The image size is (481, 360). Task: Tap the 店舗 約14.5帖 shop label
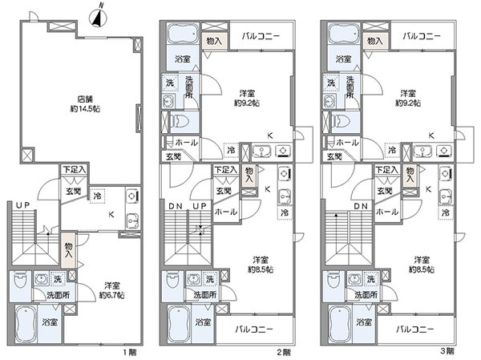(x=85, y=103)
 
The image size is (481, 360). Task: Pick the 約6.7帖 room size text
(x=111, y=294)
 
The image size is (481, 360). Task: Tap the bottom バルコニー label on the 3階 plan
(x=414, y=330)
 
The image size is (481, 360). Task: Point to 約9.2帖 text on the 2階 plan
(x=246, y=103)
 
